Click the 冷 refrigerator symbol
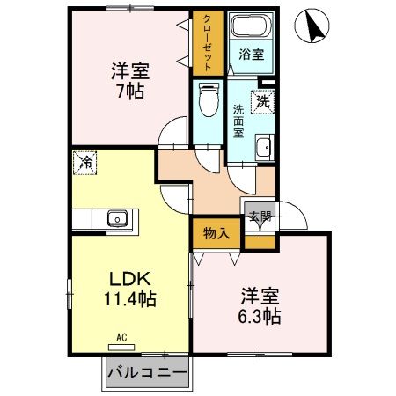coord(85,162)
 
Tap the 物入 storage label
coord(216,233)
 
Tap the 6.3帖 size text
coord(258,317)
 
